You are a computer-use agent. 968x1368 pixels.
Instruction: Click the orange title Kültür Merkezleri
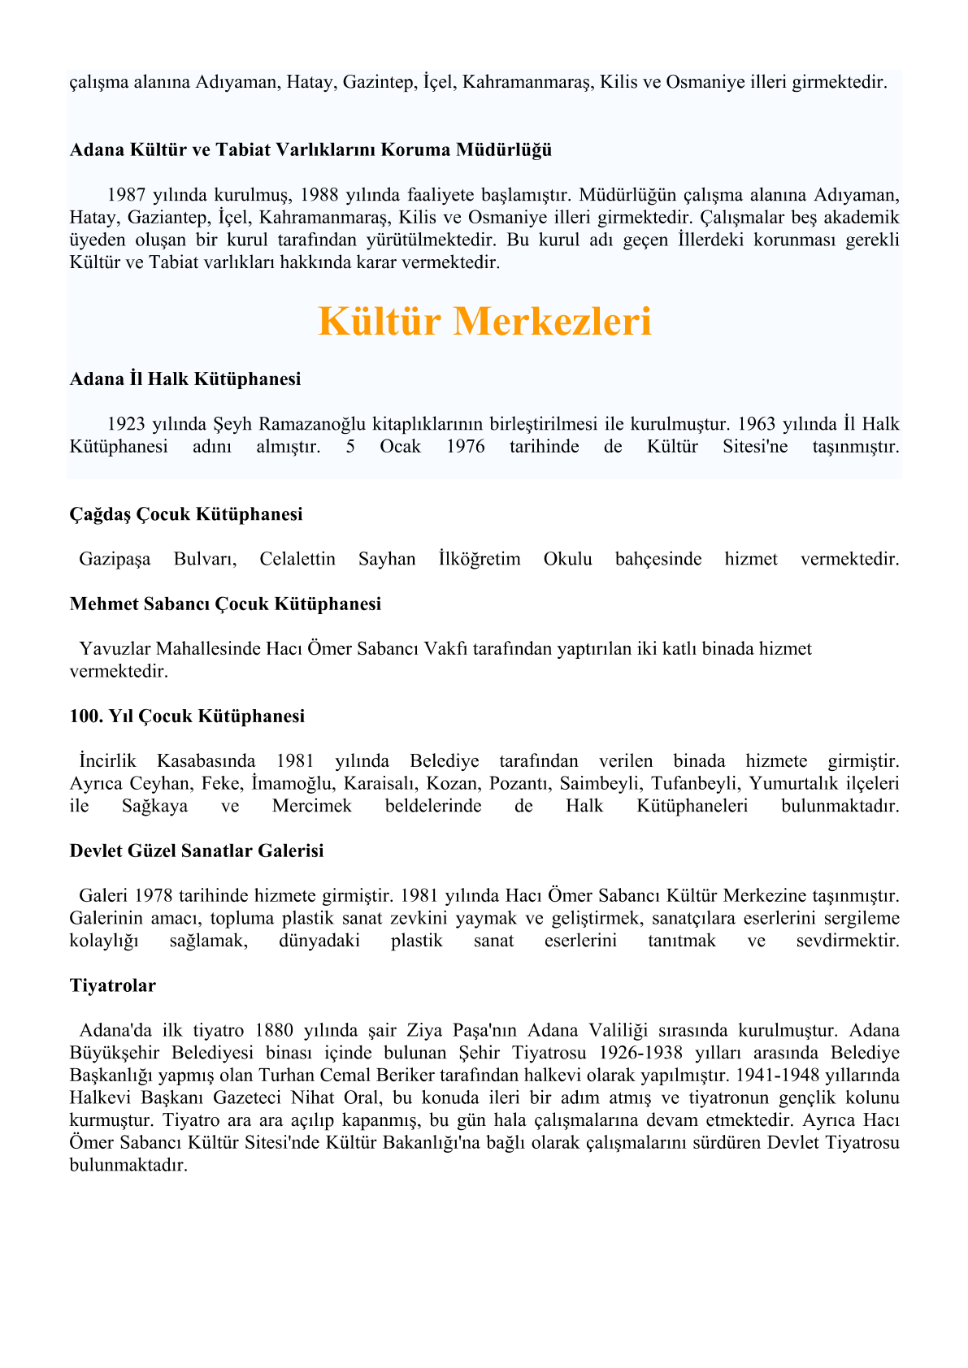click(484, 322)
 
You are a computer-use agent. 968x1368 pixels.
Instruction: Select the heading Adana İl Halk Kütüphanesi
click(185, 379)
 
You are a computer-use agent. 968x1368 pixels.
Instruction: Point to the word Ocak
click(401, 447)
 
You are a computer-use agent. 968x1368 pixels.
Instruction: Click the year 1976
click(466, 447)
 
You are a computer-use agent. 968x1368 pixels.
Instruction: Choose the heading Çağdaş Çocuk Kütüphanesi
click(186, 514)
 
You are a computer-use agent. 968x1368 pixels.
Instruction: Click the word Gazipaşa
click(115, 559)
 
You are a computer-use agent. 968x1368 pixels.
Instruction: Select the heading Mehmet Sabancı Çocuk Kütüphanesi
click(225, 604)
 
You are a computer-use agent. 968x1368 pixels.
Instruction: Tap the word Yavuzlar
click(115, 649)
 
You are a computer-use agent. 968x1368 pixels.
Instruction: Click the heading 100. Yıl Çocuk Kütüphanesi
click(187, 716)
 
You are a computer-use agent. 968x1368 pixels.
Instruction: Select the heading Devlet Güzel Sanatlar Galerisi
click(197, 851)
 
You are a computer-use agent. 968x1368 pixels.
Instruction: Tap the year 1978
click(154, 896)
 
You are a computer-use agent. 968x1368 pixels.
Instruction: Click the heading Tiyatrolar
click(112, 986)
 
